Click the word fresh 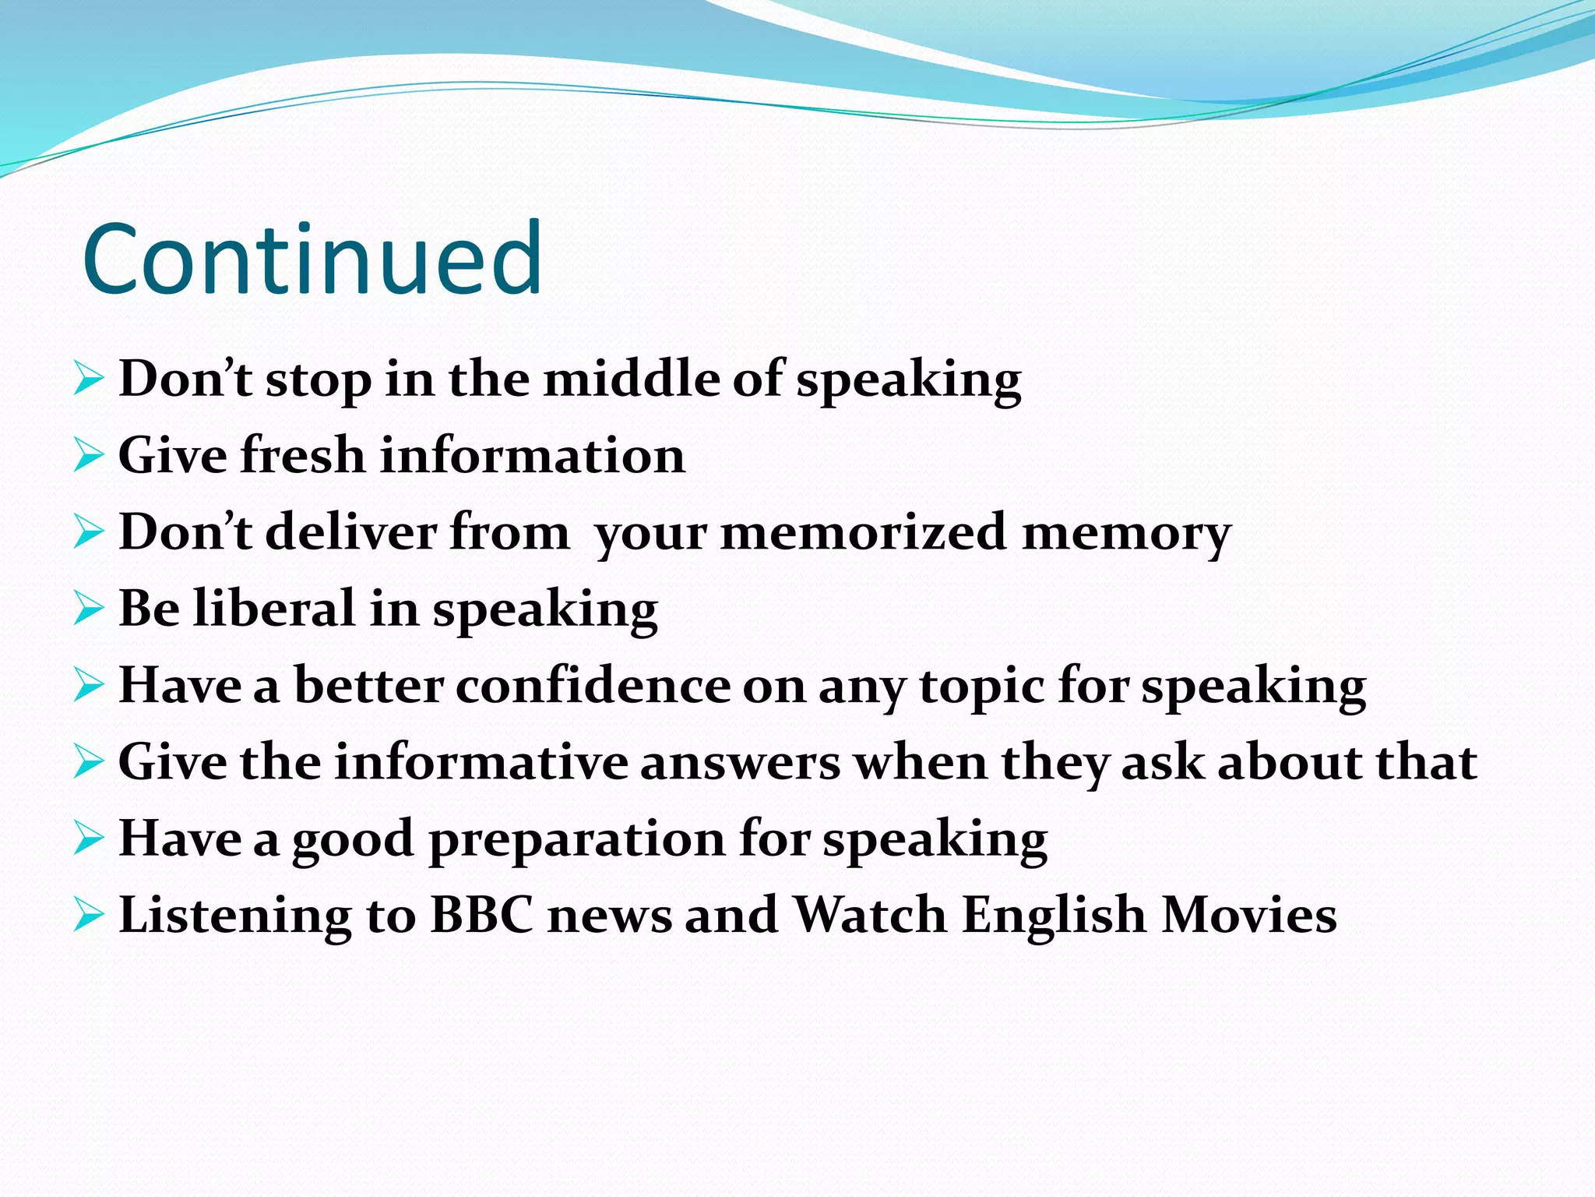pyautogui.click(x=302, y=455)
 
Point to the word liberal pyautogui.click(x=275, y=609)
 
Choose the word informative pyautogui.click(x=481, y=762)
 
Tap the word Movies pyautogui.click(x=1248, y=915)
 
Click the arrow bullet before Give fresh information pyautogui.click(x=89, y=456)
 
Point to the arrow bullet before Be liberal pyautogui.click(x=89, y=609)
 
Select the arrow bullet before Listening pyautogui.click(x=89, y=915)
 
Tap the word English pyautogui.click(x=1053, y=916)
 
